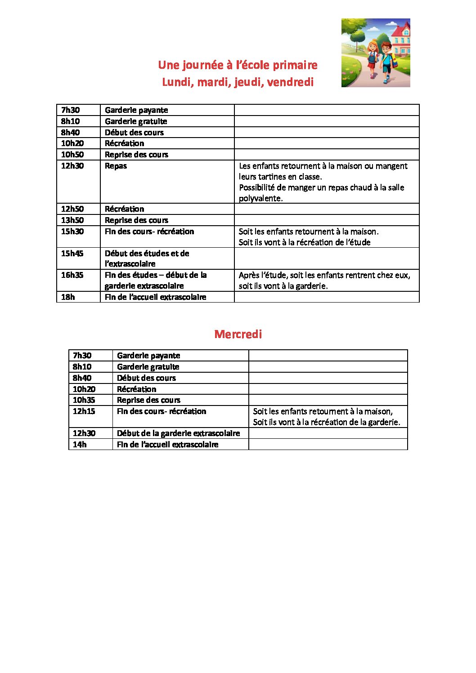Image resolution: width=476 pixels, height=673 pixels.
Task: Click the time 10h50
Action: pos(72,155)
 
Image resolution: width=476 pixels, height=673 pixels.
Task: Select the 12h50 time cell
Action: pos(72,209)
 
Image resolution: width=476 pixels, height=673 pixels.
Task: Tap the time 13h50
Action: pos(72,220)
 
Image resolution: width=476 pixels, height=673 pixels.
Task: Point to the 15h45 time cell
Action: pos(72,254)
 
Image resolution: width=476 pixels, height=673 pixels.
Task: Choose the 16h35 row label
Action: pos(72,275)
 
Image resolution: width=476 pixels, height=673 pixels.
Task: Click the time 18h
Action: pos(68,297)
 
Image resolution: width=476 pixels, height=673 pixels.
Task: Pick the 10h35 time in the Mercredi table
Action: pos(84,400)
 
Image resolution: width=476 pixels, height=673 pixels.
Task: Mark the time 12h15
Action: pos(84,411)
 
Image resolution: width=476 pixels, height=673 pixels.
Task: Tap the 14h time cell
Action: pos(80,445)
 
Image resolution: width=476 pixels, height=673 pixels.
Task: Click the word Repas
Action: pos(116,166)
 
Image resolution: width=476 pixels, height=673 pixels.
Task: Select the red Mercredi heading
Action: pos(238,334)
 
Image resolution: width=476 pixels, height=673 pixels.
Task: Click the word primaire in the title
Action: pos(295,65)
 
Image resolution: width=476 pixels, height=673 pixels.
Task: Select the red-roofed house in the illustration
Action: pos(399,38)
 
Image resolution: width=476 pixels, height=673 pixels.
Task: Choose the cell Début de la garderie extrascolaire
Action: pos(178,433)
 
